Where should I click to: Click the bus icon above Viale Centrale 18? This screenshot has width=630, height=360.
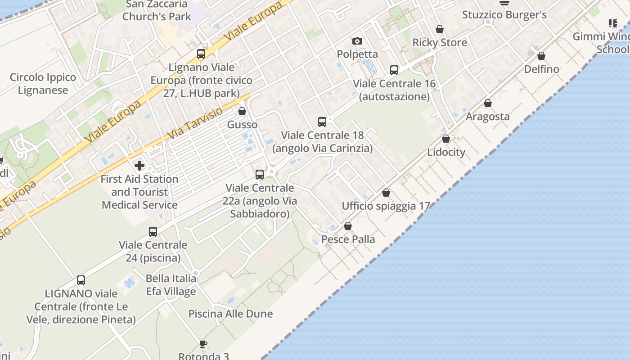click(322, 121)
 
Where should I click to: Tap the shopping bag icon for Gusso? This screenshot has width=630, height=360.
click(242, 111)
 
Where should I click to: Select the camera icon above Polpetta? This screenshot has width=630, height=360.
click(357, 41)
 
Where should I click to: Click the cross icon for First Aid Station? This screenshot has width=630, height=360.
click(139, 166)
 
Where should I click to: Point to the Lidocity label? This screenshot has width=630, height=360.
click(446, 152)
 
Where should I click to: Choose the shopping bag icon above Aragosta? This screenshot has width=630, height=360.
click(487, 103)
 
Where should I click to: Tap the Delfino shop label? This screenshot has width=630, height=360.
click(541, 69)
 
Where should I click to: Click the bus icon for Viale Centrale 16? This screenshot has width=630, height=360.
click(394, 70)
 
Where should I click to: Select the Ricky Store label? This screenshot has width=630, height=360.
click(440, 43)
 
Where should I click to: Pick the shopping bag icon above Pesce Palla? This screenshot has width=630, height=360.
click(348, 226)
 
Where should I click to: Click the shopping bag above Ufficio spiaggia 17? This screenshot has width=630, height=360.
click(386, 193)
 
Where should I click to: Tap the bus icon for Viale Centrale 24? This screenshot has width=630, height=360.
click(153, 232)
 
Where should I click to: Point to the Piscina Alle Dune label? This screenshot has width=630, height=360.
click(230, 314)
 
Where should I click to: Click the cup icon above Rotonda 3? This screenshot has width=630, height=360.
click(203, 344)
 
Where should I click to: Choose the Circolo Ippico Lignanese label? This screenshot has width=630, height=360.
click(43, 84)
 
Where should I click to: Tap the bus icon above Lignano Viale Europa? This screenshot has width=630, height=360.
click(201, 54)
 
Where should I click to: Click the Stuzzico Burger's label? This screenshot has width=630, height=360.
click(504, 15)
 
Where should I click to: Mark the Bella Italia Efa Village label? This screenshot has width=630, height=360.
click(171, 285)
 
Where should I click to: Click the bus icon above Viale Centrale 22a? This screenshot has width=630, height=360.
click(260, 175)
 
